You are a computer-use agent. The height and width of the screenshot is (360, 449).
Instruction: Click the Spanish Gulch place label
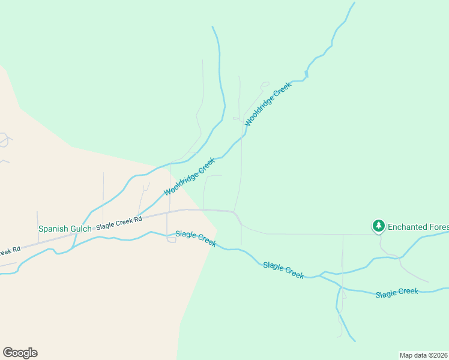(65, 229)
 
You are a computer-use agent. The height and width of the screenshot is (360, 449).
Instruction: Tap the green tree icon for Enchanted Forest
(378, 226)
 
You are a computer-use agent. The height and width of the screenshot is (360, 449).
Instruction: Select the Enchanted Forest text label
(418, 227)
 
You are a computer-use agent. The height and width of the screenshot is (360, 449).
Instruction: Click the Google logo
(20, 353)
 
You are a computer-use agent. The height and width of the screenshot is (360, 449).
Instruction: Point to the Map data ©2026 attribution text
(423, 355)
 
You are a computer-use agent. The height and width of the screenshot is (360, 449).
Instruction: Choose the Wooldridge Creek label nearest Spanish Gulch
(189, 176)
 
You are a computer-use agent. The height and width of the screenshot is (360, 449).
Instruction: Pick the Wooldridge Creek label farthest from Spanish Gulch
(268, 103)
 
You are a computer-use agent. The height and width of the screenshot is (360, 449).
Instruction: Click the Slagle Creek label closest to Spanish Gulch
(196, 238)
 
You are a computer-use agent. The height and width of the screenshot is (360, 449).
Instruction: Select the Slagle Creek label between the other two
(283, 269)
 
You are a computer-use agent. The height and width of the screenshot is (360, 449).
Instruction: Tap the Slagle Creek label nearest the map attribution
(396, 293)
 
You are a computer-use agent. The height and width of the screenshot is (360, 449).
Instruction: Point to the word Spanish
(52, 229)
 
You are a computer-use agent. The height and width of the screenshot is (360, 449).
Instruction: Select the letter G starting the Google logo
(8, 353)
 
